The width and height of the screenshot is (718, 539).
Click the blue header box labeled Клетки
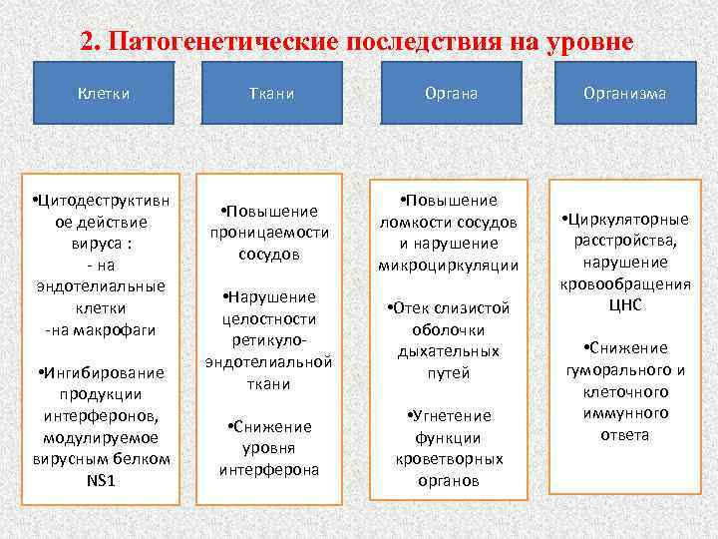pos(104,93)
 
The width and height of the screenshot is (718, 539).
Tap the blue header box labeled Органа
pos(449,93)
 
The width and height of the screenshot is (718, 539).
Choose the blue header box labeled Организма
pos(625,93)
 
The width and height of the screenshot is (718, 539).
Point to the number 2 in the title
pos(87,43)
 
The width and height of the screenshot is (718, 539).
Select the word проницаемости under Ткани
pos(269,233)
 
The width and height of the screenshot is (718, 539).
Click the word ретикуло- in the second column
pos(269,339)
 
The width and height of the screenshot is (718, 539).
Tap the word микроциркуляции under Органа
pos(449,265)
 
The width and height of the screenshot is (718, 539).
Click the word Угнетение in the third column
pos(453,415)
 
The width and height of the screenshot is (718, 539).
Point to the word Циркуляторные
pos(628,219)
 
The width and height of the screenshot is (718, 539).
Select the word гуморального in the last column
pos(625,369)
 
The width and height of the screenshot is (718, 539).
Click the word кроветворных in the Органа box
pos(449,459)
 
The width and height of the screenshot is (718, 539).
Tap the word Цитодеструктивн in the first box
pos(104,201)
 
